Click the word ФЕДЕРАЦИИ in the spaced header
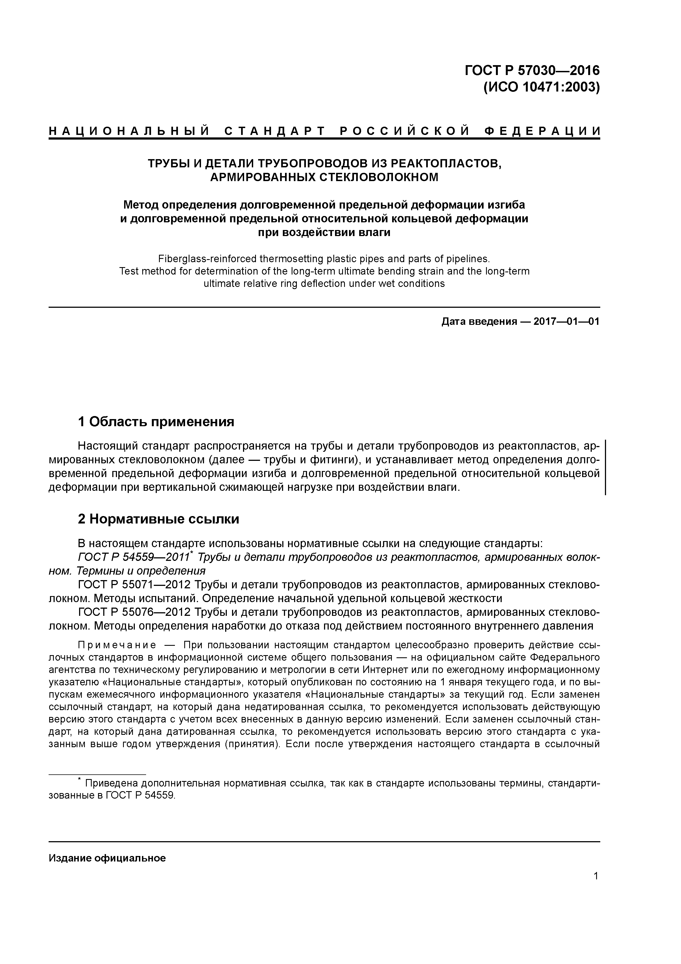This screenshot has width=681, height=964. click(542, 131)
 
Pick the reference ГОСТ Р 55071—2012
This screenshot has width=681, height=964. click(135, 585)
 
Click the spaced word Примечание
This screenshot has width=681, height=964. click(117, 645)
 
